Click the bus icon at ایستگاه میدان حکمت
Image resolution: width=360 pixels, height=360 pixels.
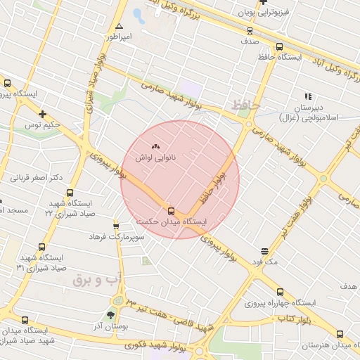pos(171,210)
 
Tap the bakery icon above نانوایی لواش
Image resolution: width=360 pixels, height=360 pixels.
pos(155,147)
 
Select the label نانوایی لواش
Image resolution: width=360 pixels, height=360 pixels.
pos(155,159)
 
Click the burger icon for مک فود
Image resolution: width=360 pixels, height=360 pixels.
pos(264,251)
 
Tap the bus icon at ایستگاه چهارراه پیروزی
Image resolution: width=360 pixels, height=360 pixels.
pos(280,292)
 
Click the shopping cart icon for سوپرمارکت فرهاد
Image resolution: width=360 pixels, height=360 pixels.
pos(117,226)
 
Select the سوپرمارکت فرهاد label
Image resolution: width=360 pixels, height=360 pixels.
pos(117,238)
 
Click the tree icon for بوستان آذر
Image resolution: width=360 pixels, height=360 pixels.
pos(110,314)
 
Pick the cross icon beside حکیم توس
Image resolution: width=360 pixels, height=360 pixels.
pos(43,114)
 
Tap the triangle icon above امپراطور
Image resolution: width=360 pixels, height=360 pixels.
pos(120,26)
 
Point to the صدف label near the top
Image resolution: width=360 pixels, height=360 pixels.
pos(250,41)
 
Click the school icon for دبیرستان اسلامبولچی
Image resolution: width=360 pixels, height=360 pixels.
pos(307,96)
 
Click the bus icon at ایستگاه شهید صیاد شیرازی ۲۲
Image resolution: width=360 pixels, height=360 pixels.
pos(69,193)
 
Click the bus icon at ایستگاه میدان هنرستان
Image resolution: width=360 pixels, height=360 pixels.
pos(340,335)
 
